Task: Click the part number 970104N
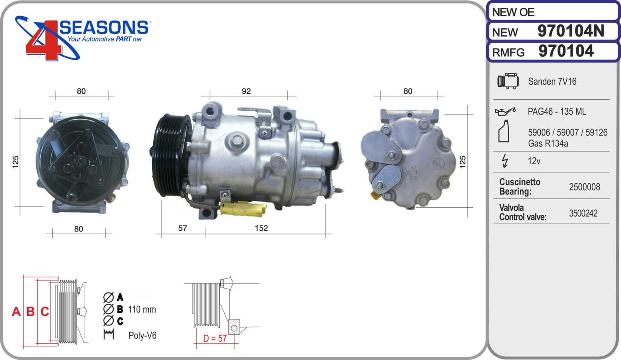(x=571, y=31)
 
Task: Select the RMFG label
(x=508, y=52)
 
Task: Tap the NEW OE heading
(x=513, y=12)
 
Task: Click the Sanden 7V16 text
(x=552, y=81)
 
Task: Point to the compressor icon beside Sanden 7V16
(x=508, y=81)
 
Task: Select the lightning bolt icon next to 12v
(x=505, y=161)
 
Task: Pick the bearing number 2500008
(x=585, y=187)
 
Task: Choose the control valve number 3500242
(x=583, y=213)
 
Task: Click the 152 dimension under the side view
(x=261, y=228)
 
